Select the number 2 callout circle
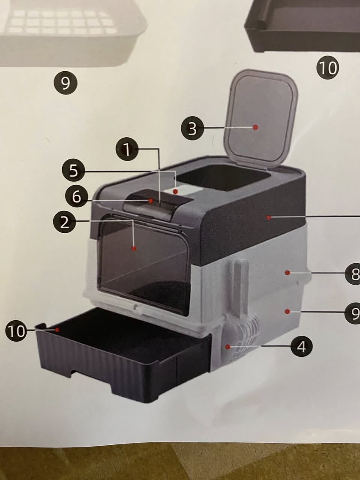64,223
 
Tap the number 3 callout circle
192,129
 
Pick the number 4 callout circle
301,346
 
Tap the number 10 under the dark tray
327,68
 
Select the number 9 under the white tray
66,83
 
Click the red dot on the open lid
255,127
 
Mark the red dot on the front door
134,248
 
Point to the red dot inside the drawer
57,330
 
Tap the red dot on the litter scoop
228,346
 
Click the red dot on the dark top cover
268,217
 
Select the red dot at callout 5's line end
175,192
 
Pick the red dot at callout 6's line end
150,200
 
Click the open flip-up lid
261,119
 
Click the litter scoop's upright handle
241,286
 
